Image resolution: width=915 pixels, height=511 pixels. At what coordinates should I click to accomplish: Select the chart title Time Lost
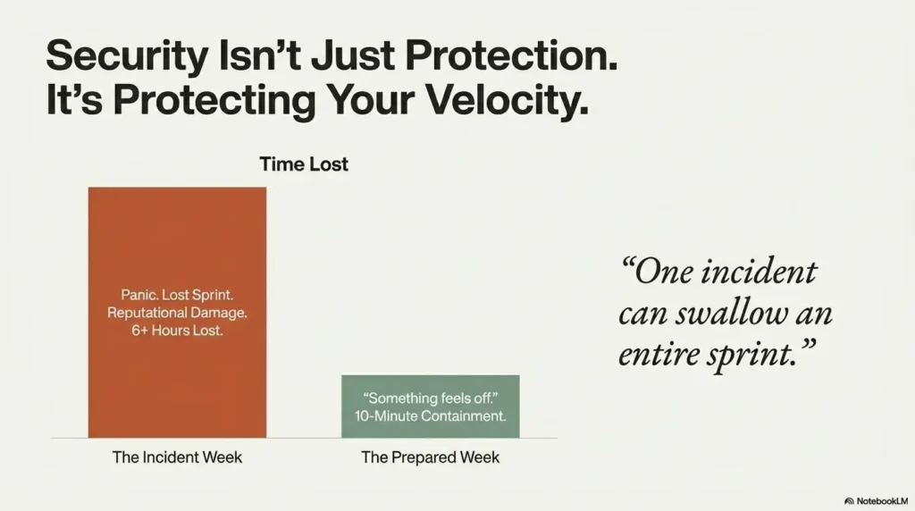pyautogui.click(x=304, y=164)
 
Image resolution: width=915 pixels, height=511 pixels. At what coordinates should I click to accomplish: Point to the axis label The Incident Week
pyautogui.click(x=177, y=457)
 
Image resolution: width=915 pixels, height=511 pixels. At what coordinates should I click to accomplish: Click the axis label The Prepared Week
pyautogui.click(x=430, y=457)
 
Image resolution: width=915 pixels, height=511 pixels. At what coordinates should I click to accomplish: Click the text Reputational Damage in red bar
pyautogui.click(x=177, y=313)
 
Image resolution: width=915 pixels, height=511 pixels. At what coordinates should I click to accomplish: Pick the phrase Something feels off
pyautogui.click(x=430, y=398)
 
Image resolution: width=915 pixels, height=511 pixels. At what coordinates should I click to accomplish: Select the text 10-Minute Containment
pyautogui.click(x=430, y=415)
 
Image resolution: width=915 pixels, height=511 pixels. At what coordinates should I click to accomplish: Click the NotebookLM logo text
pyautogui.click(x=880, y=501)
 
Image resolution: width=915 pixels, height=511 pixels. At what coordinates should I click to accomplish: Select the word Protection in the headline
pyautogui.click(x=511, y=58)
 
